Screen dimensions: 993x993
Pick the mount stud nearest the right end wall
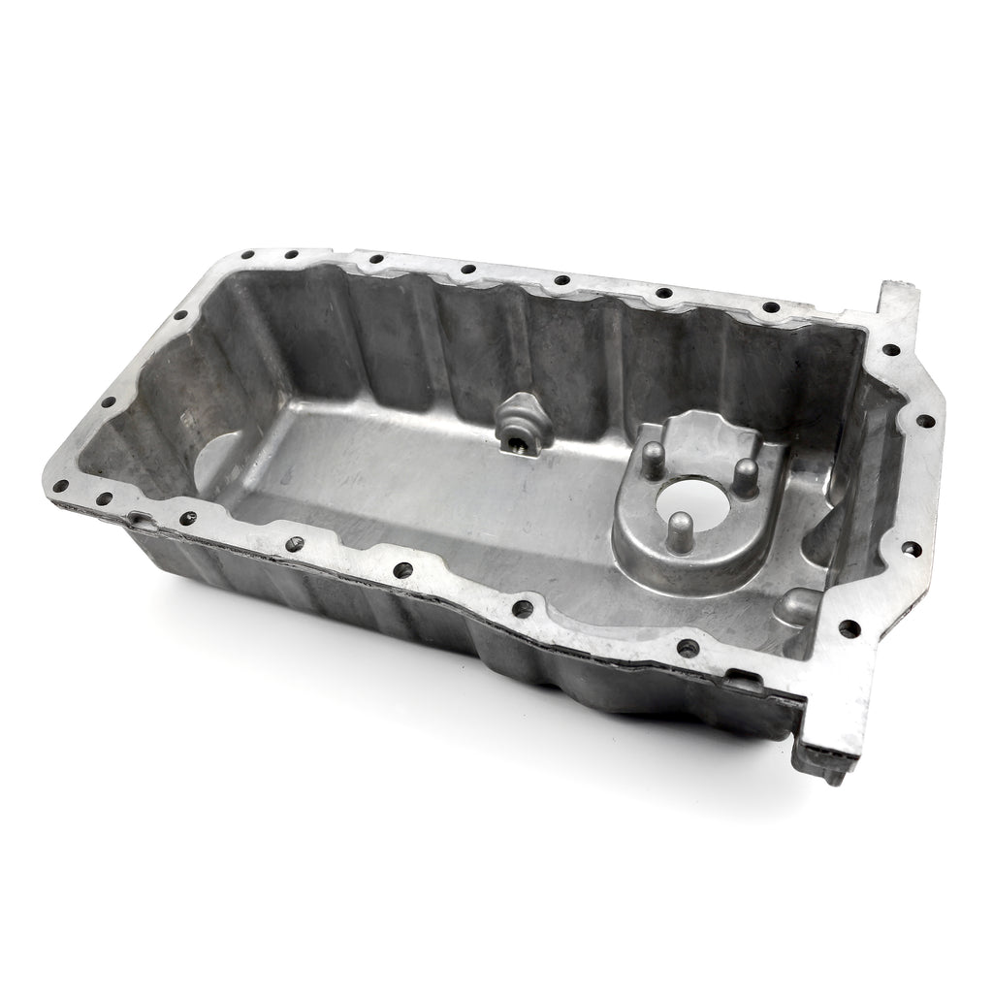[x=746, y=474]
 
